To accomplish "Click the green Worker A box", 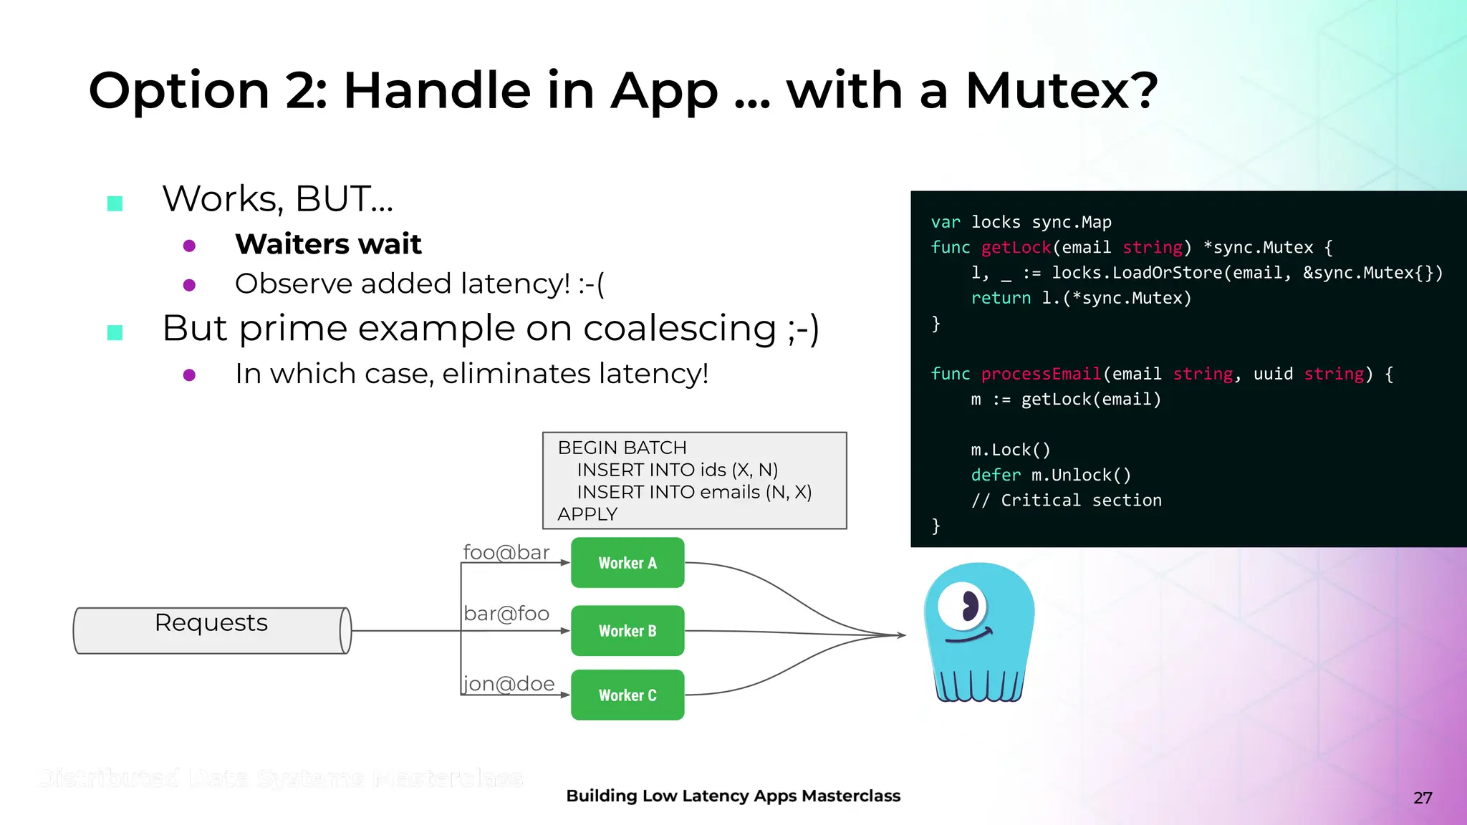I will point(627,563).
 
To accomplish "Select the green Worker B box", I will point(627,631).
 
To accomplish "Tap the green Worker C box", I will point(627,695).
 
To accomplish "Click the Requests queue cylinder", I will point(212,630).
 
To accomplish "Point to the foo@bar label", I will point(506,553).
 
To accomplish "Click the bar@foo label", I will point(506,614).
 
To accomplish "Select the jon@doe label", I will point(509,684).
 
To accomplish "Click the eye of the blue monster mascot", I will point(964,606).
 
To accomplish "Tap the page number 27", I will point(1423,798).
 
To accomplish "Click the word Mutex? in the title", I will point(1062,91).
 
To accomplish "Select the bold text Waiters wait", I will point(328,244).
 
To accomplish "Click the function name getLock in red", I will point(1016,248).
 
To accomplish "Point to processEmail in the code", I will point(1041,374).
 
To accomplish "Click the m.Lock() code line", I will point(1010,450).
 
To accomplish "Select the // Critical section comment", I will point(1066,501).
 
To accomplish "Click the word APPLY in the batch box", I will point(587,514).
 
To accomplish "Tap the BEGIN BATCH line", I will point(622,448).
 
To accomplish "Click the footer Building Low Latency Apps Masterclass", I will point(733,796).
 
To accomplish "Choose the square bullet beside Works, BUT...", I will point(115,203).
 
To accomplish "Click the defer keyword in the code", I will point(996,476).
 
